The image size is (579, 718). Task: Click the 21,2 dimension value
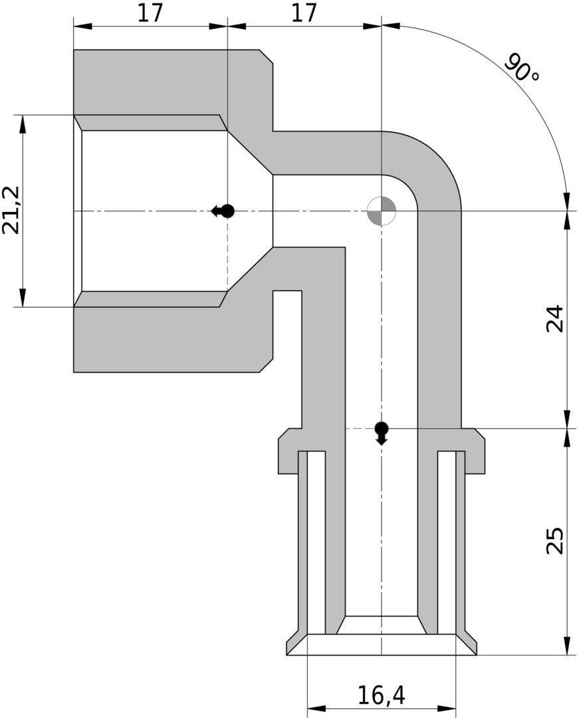coord(11,210)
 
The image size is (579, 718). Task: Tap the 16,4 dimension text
coord(381,695)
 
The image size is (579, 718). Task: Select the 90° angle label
coord(522,69)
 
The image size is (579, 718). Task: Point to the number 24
coord(554,318)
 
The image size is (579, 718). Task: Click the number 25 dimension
coord(554,540)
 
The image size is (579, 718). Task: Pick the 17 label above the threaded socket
coord(150,13)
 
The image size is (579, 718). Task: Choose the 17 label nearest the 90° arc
coord(304,13)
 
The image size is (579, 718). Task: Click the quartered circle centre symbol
coord(382,211)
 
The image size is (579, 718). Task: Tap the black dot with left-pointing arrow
coord(225,211)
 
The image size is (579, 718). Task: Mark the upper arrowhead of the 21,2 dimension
coord(23,124)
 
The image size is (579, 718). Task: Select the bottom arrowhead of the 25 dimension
coord(567,646)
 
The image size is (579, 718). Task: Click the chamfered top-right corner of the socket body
coord(266,57)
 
